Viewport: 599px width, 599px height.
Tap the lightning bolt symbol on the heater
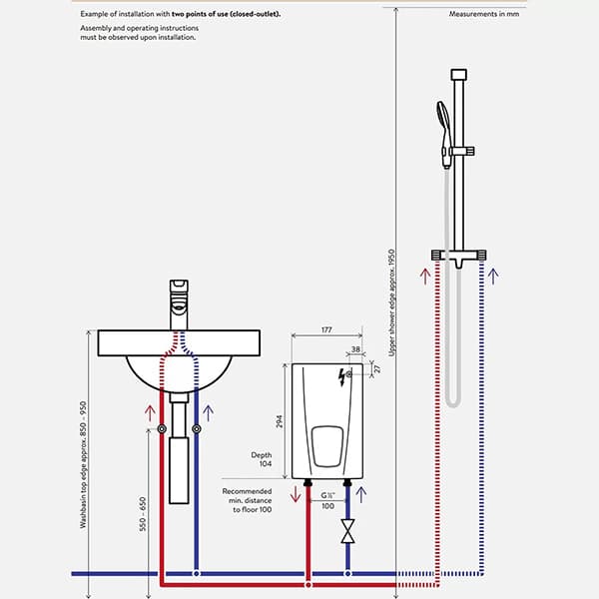tap(345, 375)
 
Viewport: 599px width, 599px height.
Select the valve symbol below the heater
tap(347, 530)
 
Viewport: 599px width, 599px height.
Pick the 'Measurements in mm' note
tap(484, 15)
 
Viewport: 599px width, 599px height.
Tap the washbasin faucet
tap(179, 296)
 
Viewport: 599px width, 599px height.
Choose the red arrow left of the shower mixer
tap(424, 273)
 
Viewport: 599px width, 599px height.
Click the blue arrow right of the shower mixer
tap(494, 273)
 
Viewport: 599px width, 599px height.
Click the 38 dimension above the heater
tap(356, 350)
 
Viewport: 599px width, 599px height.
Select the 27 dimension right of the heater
tap(377, 369)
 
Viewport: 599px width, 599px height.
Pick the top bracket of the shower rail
tap(458, 75)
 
